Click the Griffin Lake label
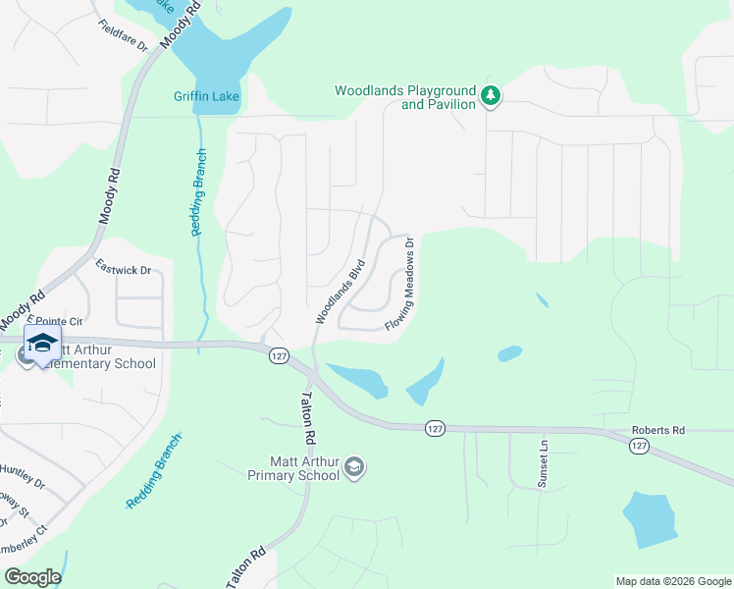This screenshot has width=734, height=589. click(206, 95)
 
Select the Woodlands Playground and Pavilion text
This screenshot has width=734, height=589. click(404, 96)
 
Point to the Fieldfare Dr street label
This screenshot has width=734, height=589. click(123, 36)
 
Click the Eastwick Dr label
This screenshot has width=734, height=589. click(124, 266)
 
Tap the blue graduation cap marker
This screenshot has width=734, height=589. click(41, 345)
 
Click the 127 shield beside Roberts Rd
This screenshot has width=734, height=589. click(639, 446)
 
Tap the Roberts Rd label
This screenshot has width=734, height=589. click(657, 429)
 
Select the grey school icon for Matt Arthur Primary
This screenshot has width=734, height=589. click(355, 467)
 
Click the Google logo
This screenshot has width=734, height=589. click(32, 577)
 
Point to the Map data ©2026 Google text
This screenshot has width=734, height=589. click(672, 581)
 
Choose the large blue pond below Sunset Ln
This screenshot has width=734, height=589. click(649, 518)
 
